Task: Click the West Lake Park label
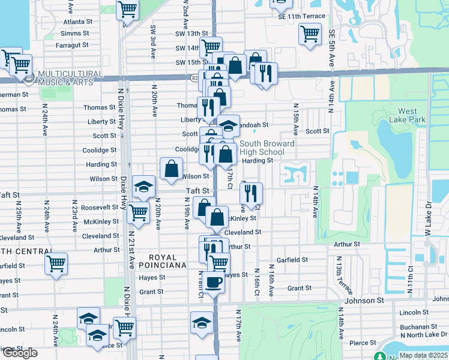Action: pyautogui.click(x=411, y=115)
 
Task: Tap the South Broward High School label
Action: pyautogui.click(x=267, y=148)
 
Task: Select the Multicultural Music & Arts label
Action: pyautogui.click(x=66, y=77)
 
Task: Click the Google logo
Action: pyautogui.click(x=19, y=353)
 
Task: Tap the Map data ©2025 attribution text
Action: pyautogui.click(x=423, y=355)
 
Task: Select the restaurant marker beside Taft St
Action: pyautogui.click(x=251, y=193)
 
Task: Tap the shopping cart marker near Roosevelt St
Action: pyautogui.click(x=139, y=211)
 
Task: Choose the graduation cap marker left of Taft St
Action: pyautogui.click(x=143, y=186)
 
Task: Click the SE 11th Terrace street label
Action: pyautogui.click(x=301, y=16)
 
